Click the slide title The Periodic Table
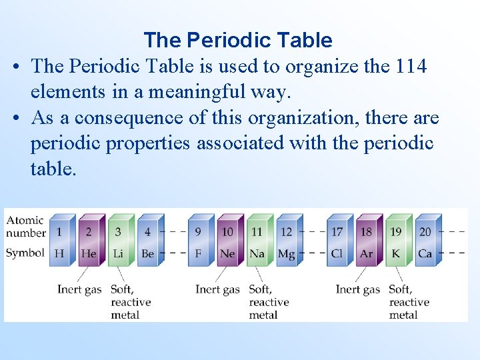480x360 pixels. pos(238,41)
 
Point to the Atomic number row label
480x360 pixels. pos(25,226)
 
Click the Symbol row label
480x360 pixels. pos(25,253)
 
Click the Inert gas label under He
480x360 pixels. pos(79,289)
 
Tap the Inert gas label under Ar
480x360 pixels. pos(357,289)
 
